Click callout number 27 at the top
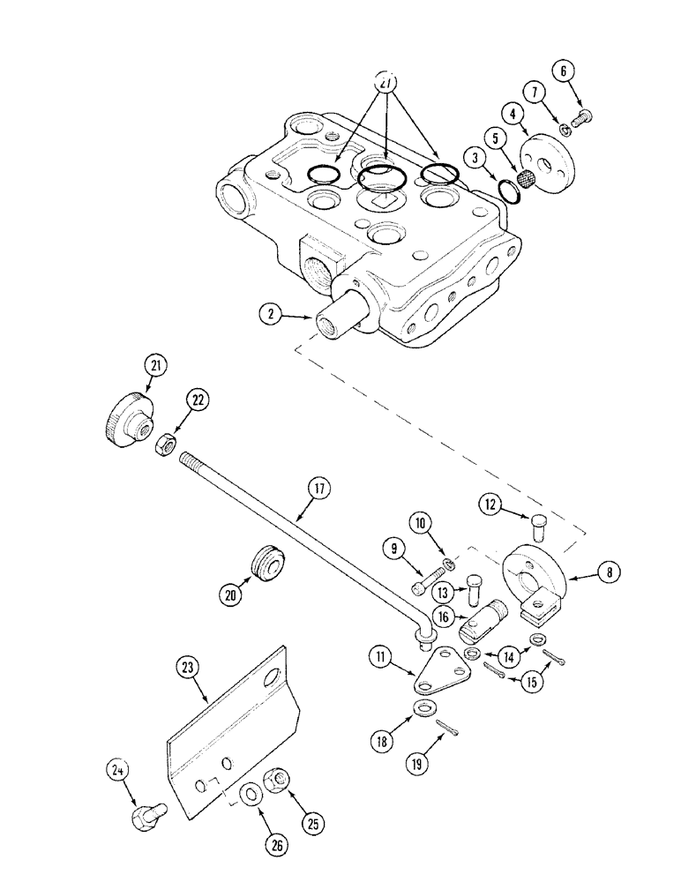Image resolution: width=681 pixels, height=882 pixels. [x=385, y=82]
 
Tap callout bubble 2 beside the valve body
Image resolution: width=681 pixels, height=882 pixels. [x=272, y=313]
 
